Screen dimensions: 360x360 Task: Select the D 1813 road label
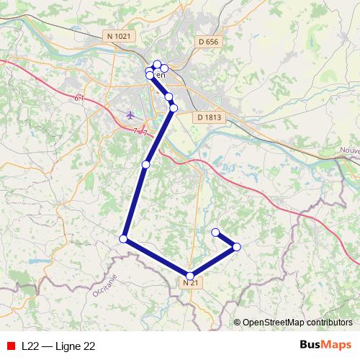209,117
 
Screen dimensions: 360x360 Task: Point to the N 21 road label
190,284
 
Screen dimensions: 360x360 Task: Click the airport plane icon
130,114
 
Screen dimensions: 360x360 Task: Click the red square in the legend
9,346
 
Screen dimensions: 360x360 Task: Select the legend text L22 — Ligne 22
58,346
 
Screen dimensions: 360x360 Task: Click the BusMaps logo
325,346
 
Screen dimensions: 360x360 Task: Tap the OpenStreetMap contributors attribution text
297,322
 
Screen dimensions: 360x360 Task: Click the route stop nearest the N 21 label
190,275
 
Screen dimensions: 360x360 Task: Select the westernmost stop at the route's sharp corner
124,238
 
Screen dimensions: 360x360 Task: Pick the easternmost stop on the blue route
236,247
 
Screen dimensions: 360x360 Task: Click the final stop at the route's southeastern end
215,232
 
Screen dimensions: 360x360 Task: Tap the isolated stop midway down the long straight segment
145,165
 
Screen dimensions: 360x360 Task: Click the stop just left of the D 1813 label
173,108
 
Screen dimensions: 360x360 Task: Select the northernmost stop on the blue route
157,64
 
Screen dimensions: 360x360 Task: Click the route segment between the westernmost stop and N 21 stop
157,257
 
